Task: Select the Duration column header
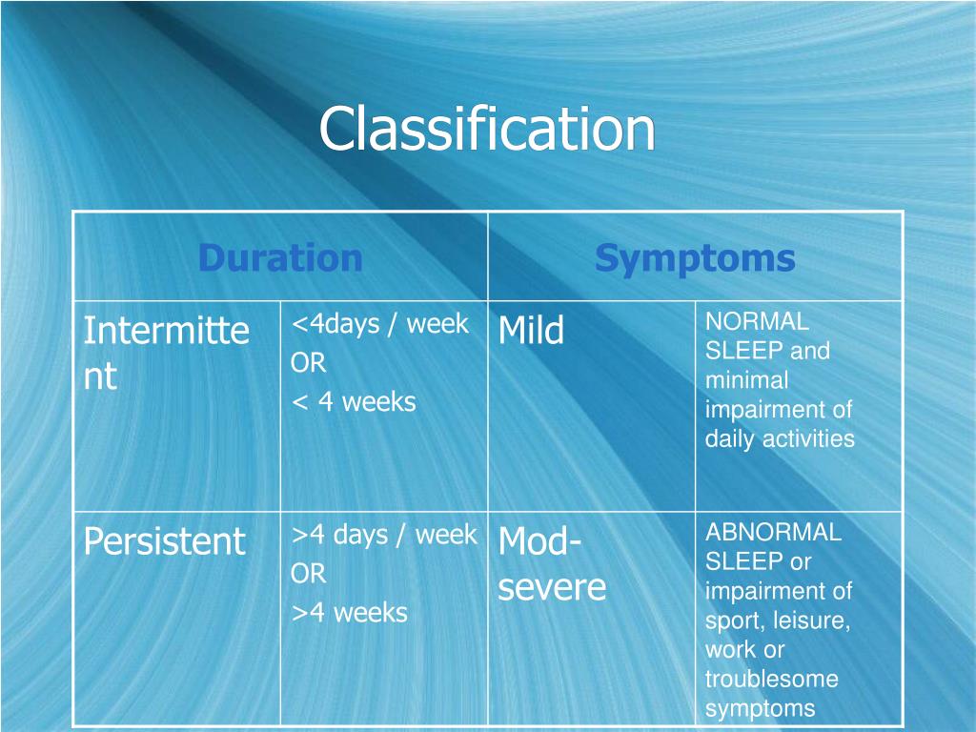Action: (x=280, y=257)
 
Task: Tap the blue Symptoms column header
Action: (x=695, y=257)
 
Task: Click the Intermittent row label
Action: (x=166, y=353)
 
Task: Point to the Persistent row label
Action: (x=164, y=541)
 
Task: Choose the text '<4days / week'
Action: (x=379, y=324)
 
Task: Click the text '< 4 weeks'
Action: (x=354, y=401)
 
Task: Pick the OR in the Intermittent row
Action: (x=309, y=363)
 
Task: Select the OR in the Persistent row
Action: (x=309, y=574)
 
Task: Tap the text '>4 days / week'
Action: (x=383, y=535)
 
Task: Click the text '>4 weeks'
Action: (x=349, y=612)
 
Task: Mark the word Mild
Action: (x=531, y=332)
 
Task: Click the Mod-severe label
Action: (x=552, y=564)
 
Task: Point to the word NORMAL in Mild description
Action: (x=757, y=322)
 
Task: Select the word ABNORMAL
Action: (x=773, y=532)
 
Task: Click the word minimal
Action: (x=746, y=380)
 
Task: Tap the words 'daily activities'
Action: (x=780, y=438)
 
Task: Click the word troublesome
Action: (x=771, y=679)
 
